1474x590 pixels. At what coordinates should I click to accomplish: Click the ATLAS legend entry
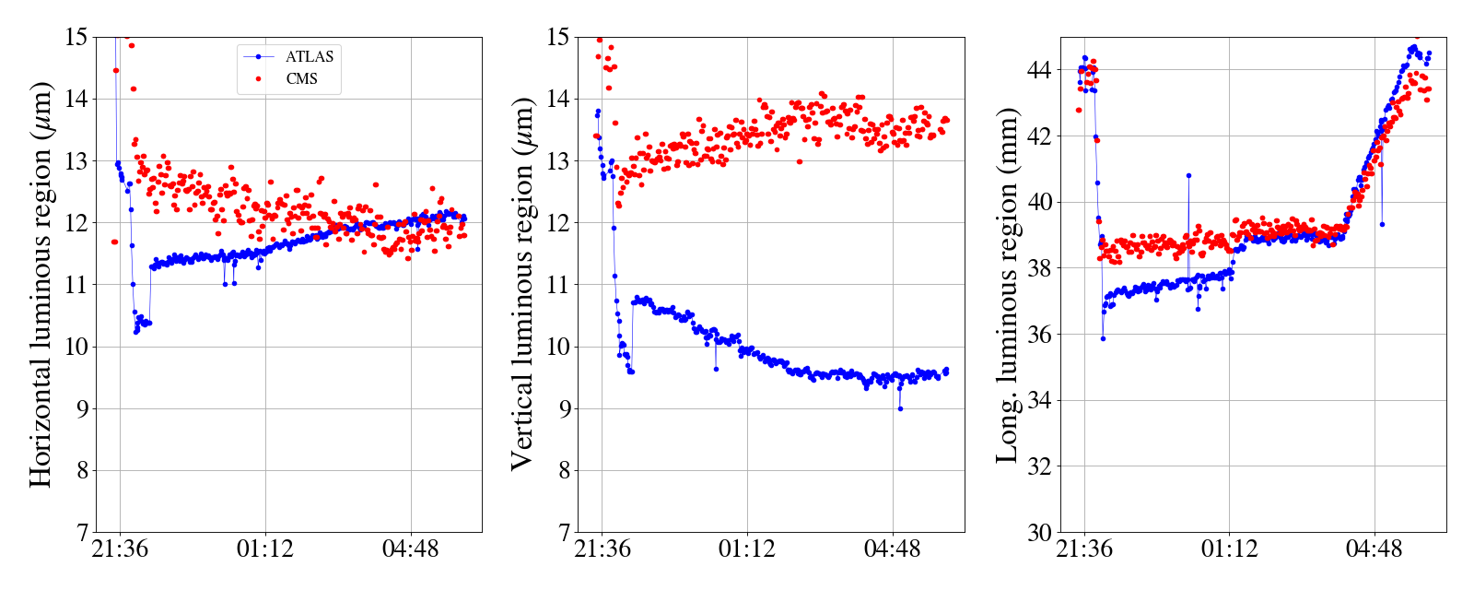tap(309, 57)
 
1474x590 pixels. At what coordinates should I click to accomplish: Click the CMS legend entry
tap(301, 79)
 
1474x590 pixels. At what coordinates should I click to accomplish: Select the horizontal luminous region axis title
tap(41, 284)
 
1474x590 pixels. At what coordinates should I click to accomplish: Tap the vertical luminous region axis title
tap(523, 284)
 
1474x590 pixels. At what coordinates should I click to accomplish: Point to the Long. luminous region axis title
tap(1007, 284)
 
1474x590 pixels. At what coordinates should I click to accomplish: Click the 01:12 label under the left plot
tap(265, 550)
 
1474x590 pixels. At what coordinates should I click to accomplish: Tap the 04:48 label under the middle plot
tap(892, 550)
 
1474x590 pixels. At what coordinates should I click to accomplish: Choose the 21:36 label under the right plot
tap(1084, 550)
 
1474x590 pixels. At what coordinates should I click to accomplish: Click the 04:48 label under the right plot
tap(1374, 550)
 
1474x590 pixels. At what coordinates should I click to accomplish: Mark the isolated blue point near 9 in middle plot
tap(900, 408)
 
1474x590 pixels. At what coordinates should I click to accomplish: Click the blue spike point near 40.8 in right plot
tap(1188, 175)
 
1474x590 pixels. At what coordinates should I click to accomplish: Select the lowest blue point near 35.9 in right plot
tap(1103, 338)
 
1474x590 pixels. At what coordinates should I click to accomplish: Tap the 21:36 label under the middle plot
tap(602, 550)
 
